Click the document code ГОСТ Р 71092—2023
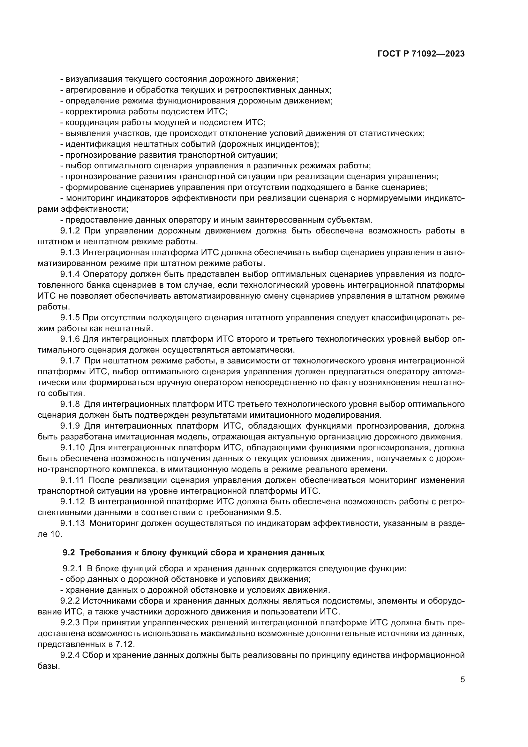click(x=421, y=54)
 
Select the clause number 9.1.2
click(x=70, y=231)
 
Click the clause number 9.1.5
click(x=70, y=317)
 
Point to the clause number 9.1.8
click(x=70, y=404)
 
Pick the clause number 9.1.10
click(x=72, y=448)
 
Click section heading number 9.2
click(x=69, y=553)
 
